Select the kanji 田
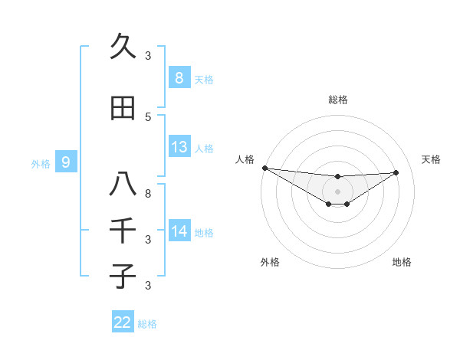coord(123,108)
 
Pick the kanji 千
coord(123,230)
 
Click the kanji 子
coord(123,275)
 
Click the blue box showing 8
coord(179,77)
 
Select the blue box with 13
coord(179,147)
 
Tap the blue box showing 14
coord(179,231)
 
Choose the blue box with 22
coord(123,322)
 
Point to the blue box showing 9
coord(66,162)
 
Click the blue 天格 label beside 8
coord(204,79)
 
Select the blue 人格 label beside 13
coord(204,148)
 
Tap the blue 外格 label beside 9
coord(40,163)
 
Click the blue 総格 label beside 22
coord(147,324)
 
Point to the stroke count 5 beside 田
coord(148,116)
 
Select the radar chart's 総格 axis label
coord(337,100)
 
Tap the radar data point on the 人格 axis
coord(264,168)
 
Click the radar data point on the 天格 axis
coord(396,172)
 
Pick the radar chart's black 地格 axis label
coord(402,262)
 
